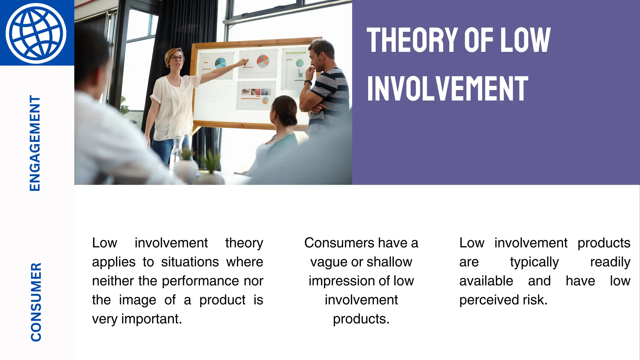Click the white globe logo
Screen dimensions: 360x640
(x=36, y=33)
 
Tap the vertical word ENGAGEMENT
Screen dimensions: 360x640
(x=35, y=143)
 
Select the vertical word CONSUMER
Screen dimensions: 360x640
(x=36, y=302)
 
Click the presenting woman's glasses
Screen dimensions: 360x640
(x=177, y=58)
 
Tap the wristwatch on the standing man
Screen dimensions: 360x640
(x=308, y=82)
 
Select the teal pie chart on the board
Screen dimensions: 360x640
(x=220, y=63)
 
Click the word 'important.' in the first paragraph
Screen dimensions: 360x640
(x=152, y=319)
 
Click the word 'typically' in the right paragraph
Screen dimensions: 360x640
(x=534, y=262)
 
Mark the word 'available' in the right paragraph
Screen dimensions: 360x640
(x=486, y=281)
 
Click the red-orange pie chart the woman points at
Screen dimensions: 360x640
(x=262, y=61)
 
